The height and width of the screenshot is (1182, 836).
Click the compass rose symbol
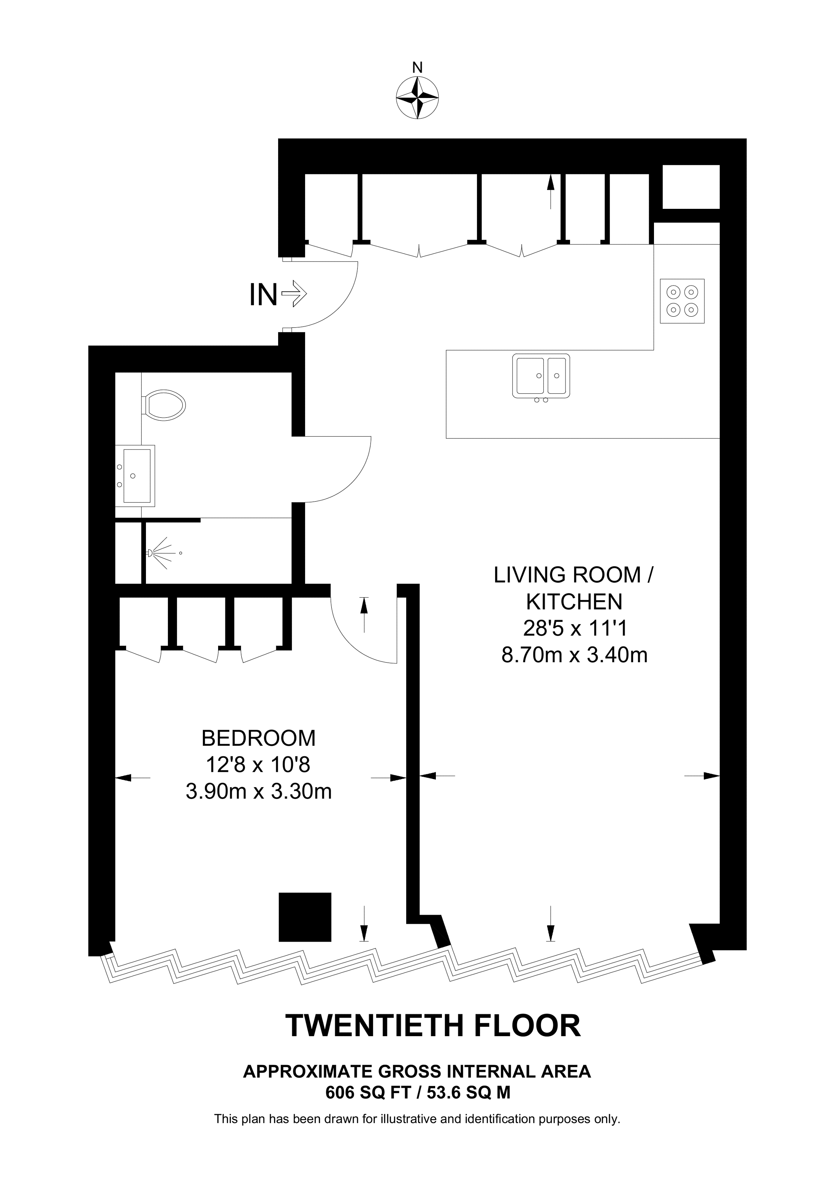pyautogui.click(x=417, y=98)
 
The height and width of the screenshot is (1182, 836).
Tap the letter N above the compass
pyautogui.click(x=417, y=68)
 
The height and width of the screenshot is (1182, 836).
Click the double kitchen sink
pyautogui.click(x=541, y=376)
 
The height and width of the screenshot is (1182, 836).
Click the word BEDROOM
pyautogui.click(x=258, y=738)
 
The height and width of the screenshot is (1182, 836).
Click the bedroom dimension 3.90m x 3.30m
pyautogui.click(x=258, y=791)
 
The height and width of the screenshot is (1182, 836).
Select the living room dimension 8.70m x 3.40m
pyautogui.click(x=574, y=655)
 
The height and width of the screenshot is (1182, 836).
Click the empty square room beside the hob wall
pyautogui.click(x=690, y=186)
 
